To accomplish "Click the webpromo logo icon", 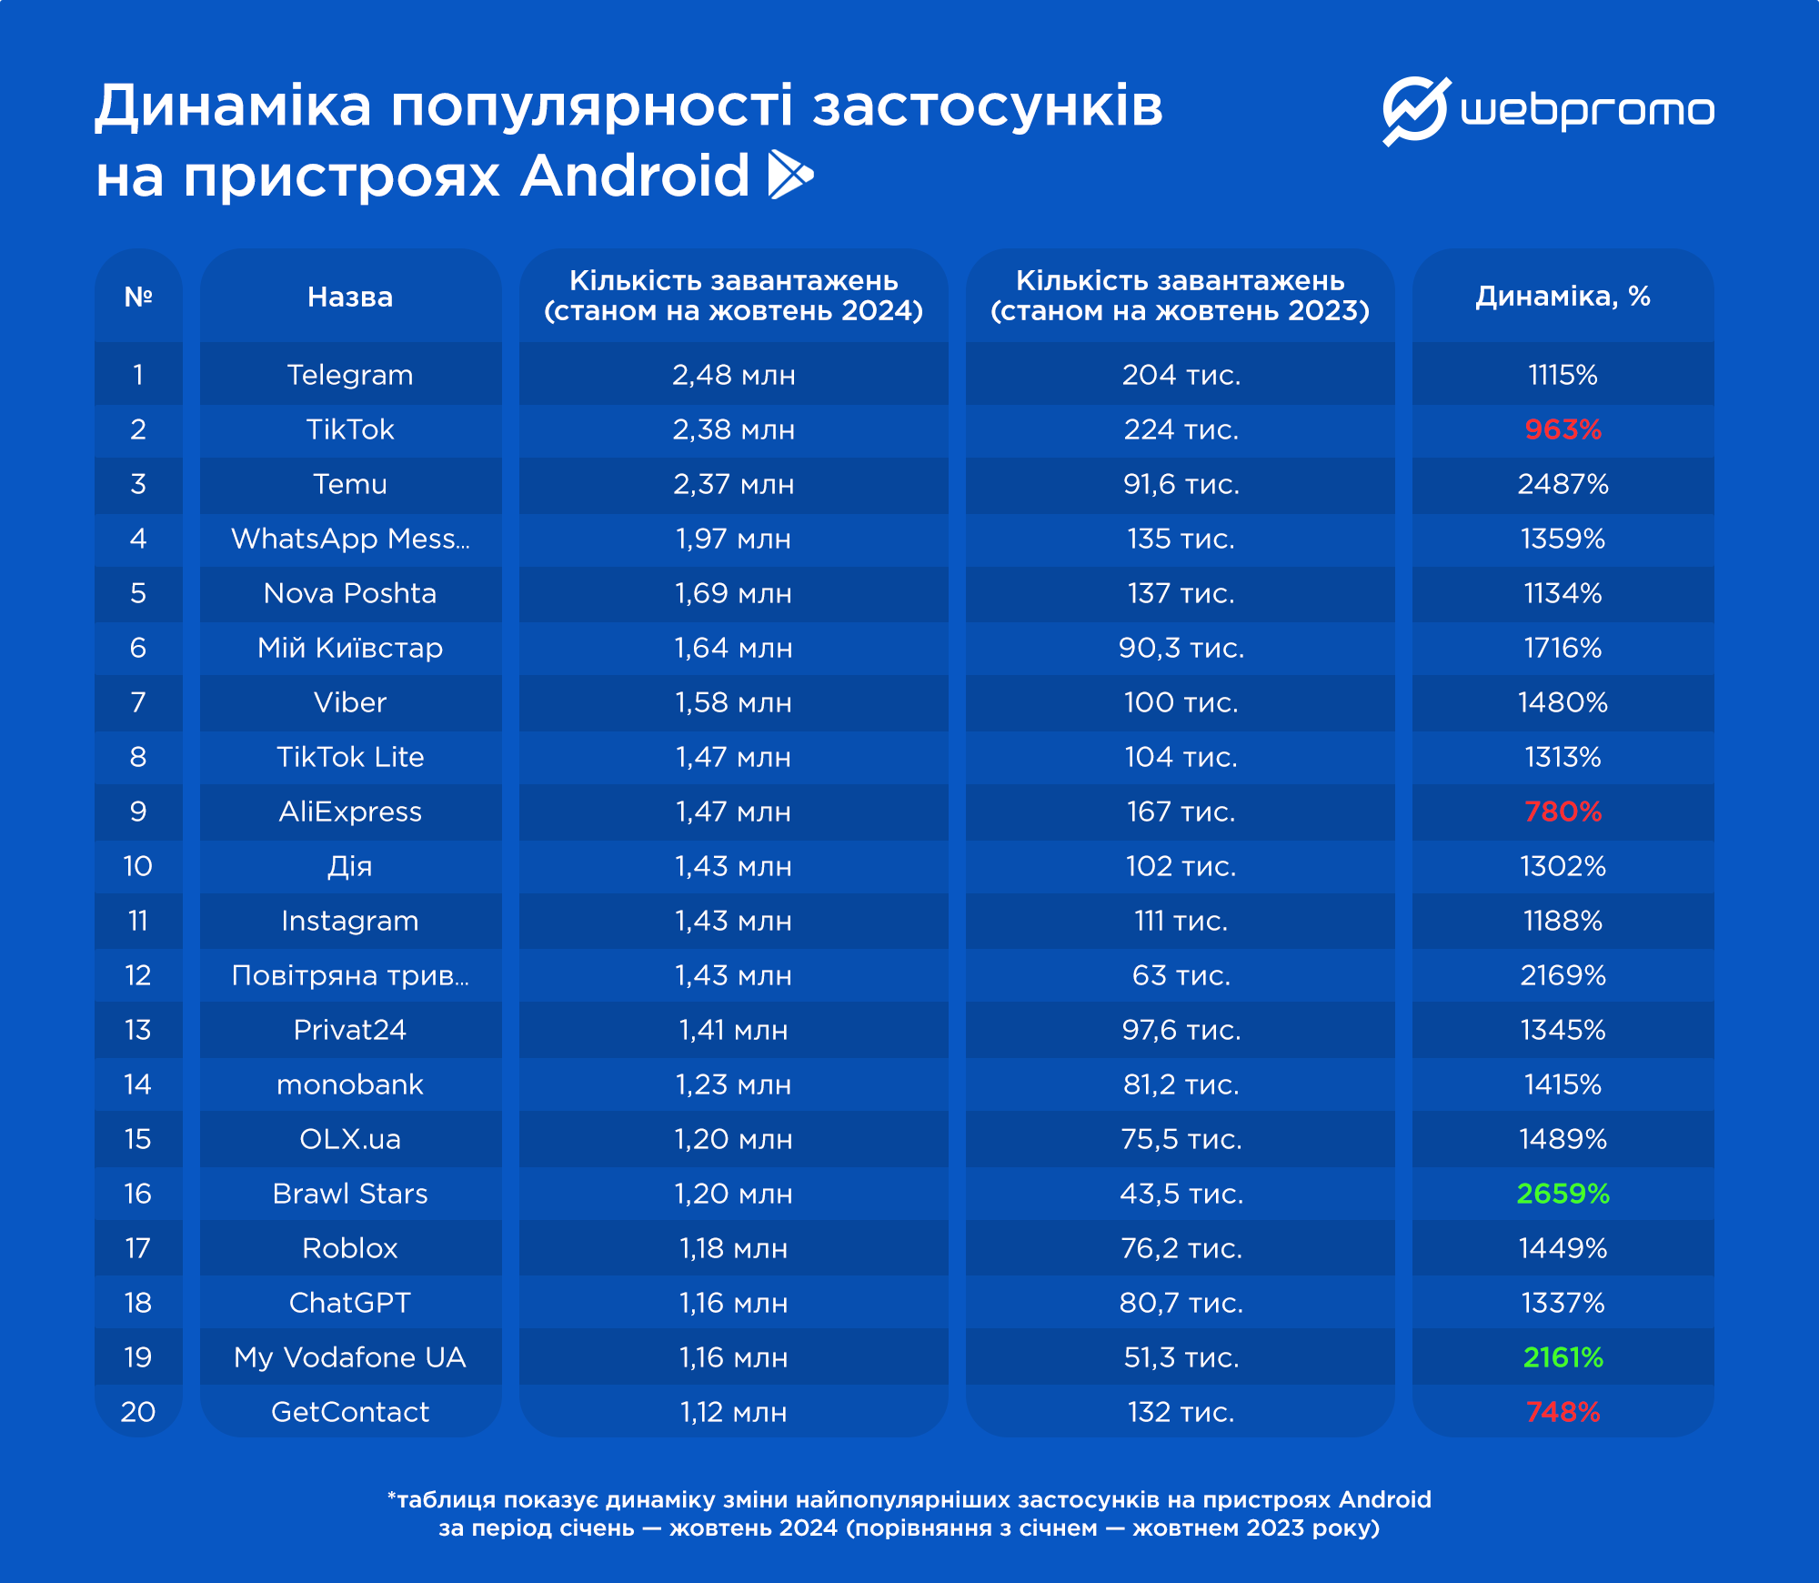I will (x=1414, y=111).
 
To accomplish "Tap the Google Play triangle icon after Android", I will (x=789, y=175).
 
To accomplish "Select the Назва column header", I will (x=350, y=297).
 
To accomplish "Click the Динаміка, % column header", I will (x=1563, y=296).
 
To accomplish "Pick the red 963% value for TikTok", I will (x=1563, y=429).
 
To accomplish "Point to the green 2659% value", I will (x=1563, y=1194).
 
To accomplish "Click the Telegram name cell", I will (x=350, y=375).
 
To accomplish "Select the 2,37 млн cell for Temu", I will (x=733, y=484).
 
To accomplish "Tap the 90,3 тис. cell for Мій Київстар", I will (x=1181, y=648).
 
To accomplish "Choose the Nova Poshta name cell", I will (x=350, y=593).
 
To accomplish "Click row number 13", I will (x=138, y=1030).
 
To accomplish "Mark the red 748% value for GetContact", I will (x=1563, y=1412).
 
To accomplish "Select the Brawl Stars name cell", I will (x=350, y=1194).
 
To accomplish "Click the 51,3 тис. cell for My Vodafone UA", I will (x=1181, y=1357).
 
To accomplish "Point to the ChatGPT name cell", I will (x=350, y=1303).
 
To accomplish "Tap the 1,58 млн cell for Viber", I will (x=733, y=702).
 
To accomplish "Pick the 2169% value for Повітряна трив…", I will (x=1563, y=975).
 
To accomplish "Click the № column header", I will (x=138, y=297).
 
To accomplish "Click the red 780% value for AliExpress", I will (x=1563, y=812).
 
